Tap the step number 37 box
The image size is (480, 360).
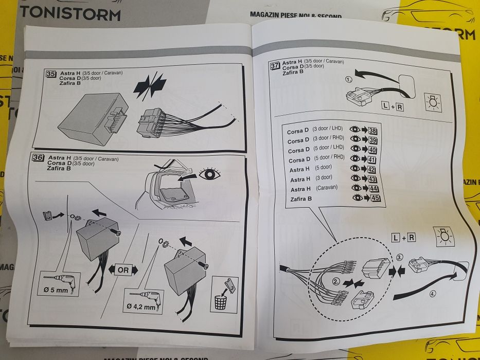(275, 65)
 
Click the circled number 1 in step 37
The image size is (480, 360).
(349, 80)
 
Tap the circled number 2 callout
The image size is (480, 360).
(335, 281)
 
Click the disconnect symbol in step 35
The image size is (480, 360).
(150, 86)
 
